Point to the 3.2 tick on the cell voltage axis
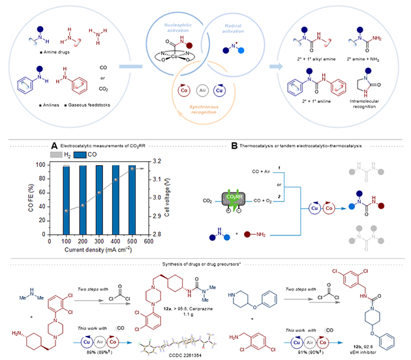[x=153, y=160]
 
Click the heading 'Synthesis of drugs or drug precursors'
[x=205, y=262]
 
